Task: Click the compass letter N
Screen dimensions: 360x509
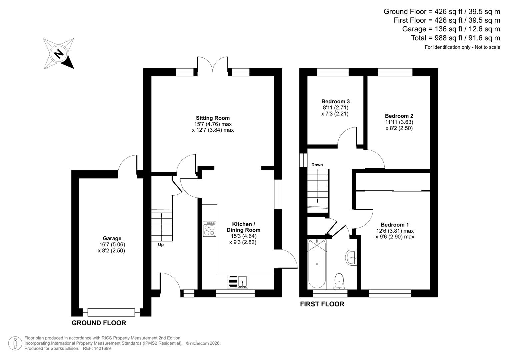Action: click(59, 54)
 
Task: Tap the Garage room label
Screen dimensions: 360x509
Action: click(112, 238)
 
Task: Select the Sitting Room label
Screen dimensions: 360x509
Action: click(213, 118)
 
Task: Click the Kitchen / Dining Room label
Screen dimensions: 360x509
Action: click(243, 227)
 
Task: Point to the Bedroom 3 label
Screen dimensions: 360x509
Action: click(335, 101)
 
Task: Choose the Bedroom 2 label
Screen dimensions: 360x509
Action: click(399, 116)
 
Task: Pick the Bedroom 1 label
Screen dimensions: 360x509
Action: click(395, 225)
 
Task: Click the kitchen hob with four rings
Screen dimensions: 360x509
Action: click(209, 229)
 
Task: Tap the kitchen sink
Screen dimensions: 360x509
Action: click(238, 282)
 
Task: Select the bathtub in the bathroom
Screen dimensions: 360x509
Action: click(317, 264)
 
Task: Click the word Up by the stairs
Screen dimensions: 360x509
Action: click(161, 245)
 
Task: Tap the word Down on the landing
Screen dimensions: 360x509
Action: click(317, 165)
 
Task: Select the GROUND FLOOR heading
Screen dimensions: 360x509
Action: click(99, 323)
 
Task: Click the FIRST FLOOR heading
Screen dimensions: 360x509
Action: click(322, 304)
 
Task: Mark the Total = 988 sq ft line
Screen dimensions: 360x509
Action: click(455, 38)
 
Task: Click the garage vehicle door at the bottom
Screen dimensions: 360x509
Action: click(111, 312)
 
